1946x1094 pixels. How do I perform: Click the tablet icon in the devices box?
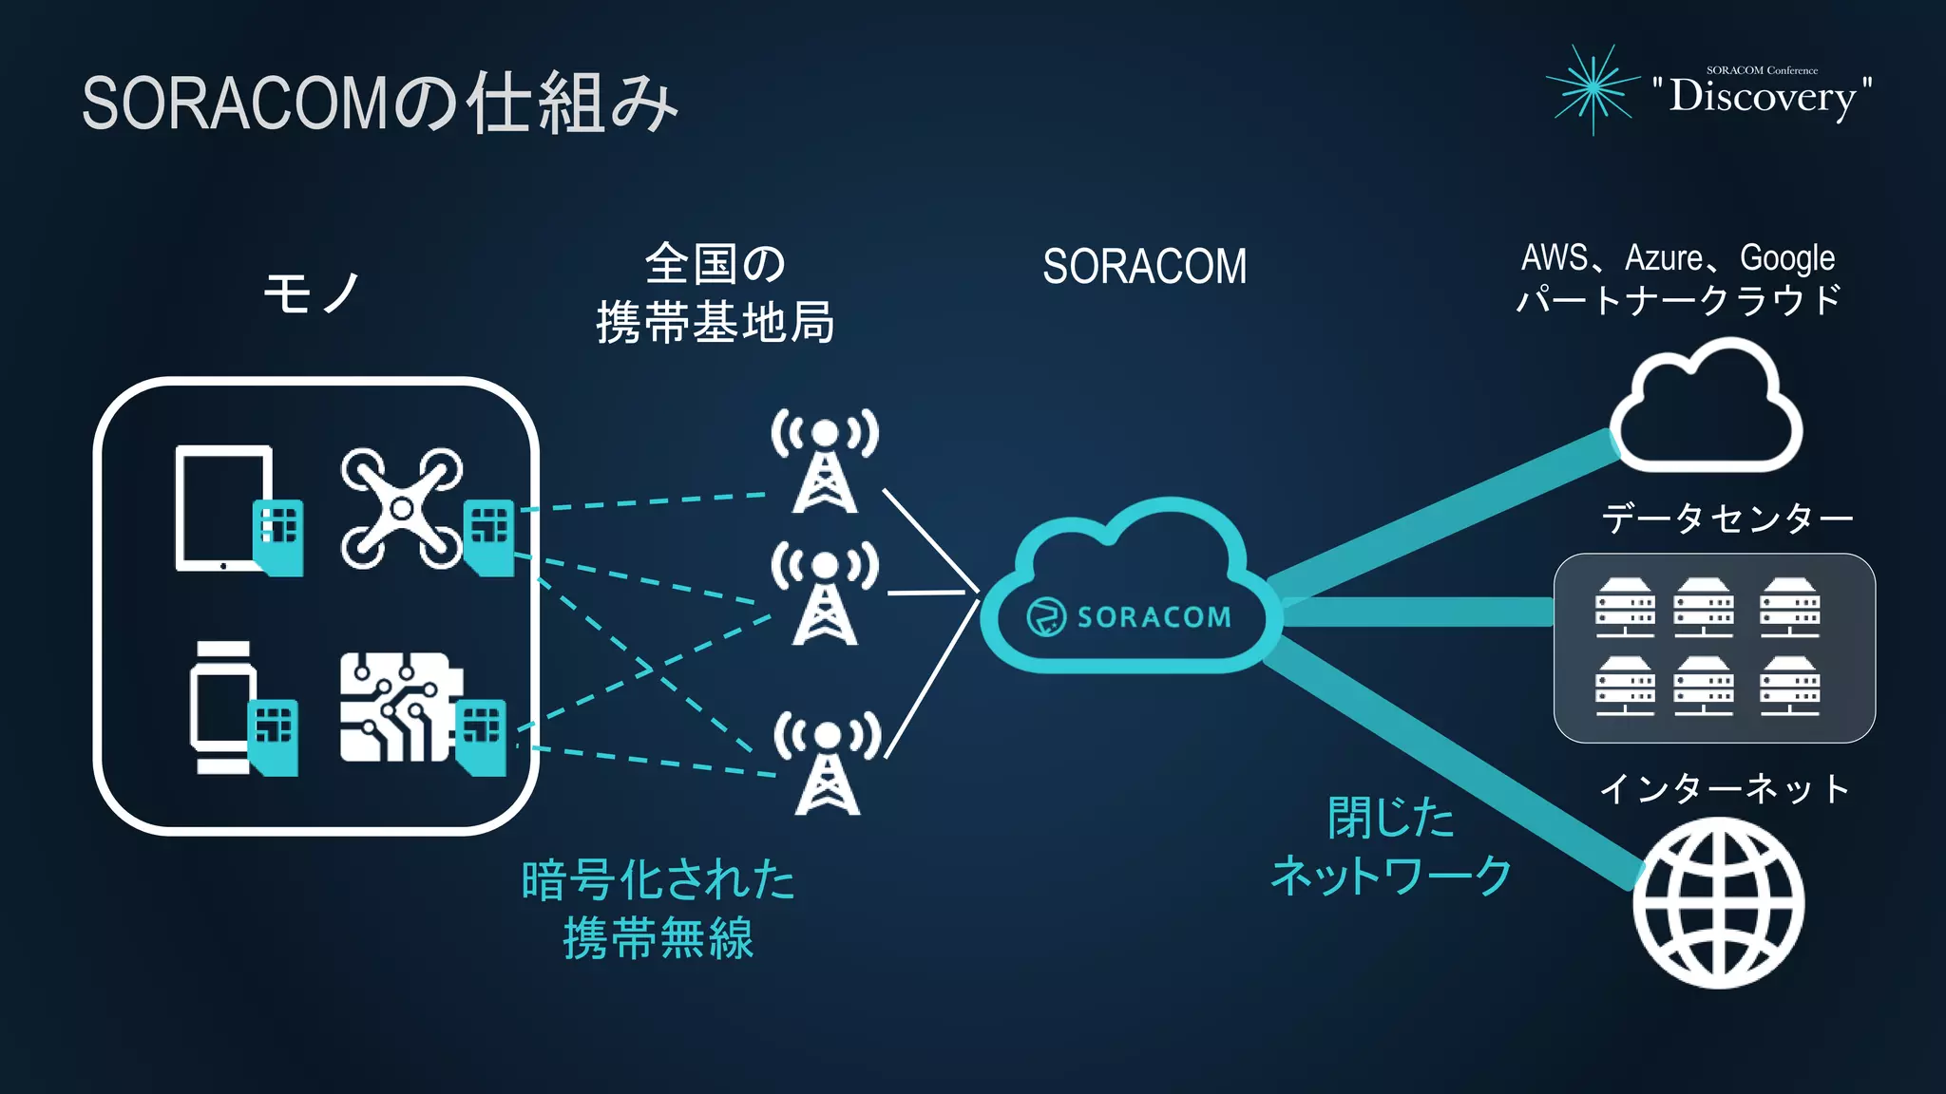(x=224, y=508)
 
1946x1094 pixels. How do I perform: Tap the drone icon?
(x=402, y=508)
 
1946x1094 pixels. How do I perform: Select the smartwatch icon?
(x=222, y=707)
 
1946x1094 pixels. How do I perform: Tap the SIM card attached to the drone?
(x=490, y=537)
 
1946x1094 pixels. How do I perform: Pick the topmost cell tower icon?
(x=825, y=461)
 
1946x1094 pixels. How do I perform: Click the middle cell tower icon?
(x=825, y=594)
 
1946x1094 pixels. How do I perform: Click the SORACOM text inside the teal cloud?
(x=1154, y=617)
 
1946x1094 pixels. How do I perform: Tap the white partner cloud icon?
(x=1707, y=408)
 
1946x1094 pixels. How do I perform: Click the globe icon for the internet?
(x=1719, y=902)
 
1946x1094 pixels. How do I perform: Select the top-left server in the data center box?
(x=1625, y=608)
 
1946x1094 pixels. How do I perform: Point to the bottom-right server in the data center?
(x=1789, y=686)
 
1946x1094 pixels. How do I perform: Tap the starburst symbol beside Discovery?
(x=1593, y=88)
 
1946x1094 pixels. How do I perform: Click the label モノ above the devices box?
(x=312, y=292)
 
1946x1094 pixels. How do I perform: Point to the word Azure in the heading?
(x=1664, y=258)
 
